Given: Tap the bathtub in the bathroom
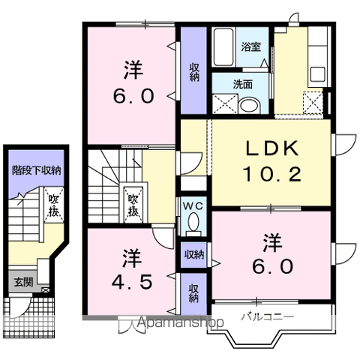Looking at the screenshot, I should click(223, 48).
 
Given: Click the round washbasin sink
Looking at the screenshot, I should click(248, 104).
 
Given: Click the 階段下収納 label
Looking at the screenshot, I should click(36, 170).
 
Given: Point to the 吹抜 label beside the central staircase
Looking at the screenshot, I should click(133, 203).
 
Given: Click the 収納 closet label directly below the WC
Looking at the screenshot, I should click(193, 255).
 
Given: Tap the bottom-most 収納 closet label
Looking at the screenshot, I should click(193, 293).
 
